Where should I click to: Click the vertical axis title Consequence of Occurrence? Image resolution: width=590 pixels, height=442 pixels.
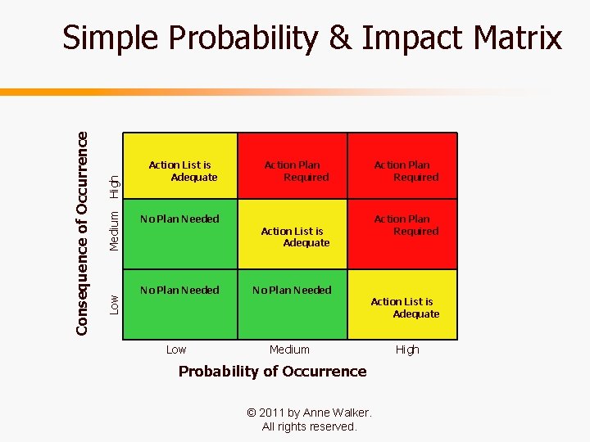click(x=82, y=233)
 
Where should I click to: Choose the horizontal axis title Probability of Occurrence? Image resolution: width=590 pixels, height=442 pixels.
click(x=272, y=371)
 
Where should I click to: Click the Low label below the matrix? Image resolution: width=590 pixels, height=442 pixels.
click(x=176, y=350)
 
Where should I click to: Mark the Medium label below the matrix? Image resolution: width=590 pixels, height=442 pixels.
click(x=289, y=350)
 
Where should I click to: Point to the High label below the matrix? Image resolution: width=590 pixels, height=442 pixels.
click(x=407, y=350)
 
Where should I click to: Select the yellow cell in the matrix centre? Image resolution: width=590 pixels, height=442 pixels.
click(x=293, y=235)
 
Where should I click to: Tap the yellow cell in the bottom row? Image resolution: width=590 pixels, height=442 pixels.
click(x=402, y=304)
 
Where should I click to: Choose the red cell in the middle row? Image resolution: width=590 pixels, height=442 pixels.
click(x=402, y=235)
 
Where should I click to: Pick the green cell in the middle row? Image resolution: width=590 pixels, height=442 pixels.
click(x=181, y=235)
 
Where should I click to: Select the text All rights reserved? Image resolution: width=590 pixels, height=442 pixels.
click(x=309, y=426)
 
